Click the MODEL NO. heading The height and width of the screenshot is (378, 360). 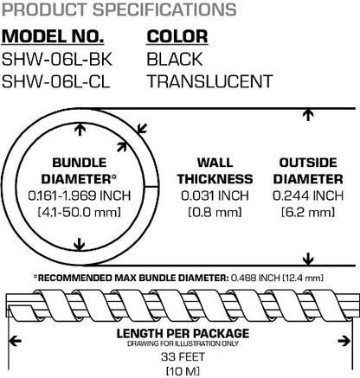pyautogui.click(x=53, y=36)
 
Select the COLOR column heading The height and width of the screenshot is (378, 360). pyautogui.click(x=177, y=36)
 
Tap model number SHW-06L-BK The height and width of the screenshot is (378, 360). pyautogui.click(x=57, y=59)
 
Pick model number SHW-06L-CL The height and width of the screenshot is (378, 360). pyautogui.click(x=56, y=81)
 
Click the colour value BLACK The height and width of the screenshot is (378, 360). pyautogui.click(x=175, y=59)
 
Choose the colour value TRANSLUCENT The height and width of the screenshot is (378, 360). pyautogui.click(x=210, y=81)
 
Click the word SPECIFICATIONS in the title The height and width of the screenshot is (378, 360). pyautogui.click(x=164, y=10)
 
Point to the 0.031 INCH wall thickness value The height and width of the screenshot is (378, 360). pyautogui.click(x=215, y=195)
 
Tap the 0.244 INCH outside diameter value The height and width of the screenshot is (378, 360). pyautogui.click(x=308, y=195)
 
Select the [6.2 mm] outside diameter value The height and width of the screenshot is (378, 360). pyautogui.click(x=308, y=213)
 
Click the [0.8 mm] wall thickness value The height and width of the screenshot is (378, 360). pyautogui.click(x=215, y=213)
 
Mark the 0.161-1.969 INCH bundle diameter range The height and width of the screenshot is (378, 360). pyautogui.click(x=80, y=195)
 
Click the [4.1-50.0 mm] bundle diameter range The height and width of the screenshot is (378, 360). pyautogui.click(x=80, y=213)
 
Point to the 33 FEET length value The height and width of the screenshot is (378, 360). pyautogui.click(x=183, y=356)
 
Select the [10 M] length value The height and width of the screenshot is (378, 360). pyautogui.click(x=183, y=371)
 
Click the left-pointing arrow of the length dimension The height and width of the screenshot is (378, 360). pyautogui.click(x=15, y=342)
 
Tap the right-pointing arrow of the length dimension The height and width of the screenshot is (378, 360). pyautogui.click(x=344, y=342)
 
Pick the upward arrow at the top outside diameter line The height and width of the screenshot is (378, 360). pyautogui.click(x=308, y=115)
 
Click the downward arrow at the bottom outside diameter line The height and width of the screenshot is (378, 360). pyautogui.click(x=308, y=259)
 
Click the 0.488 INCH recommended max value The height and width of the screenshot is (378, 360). pyautogui.click(x=255, y=278)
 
